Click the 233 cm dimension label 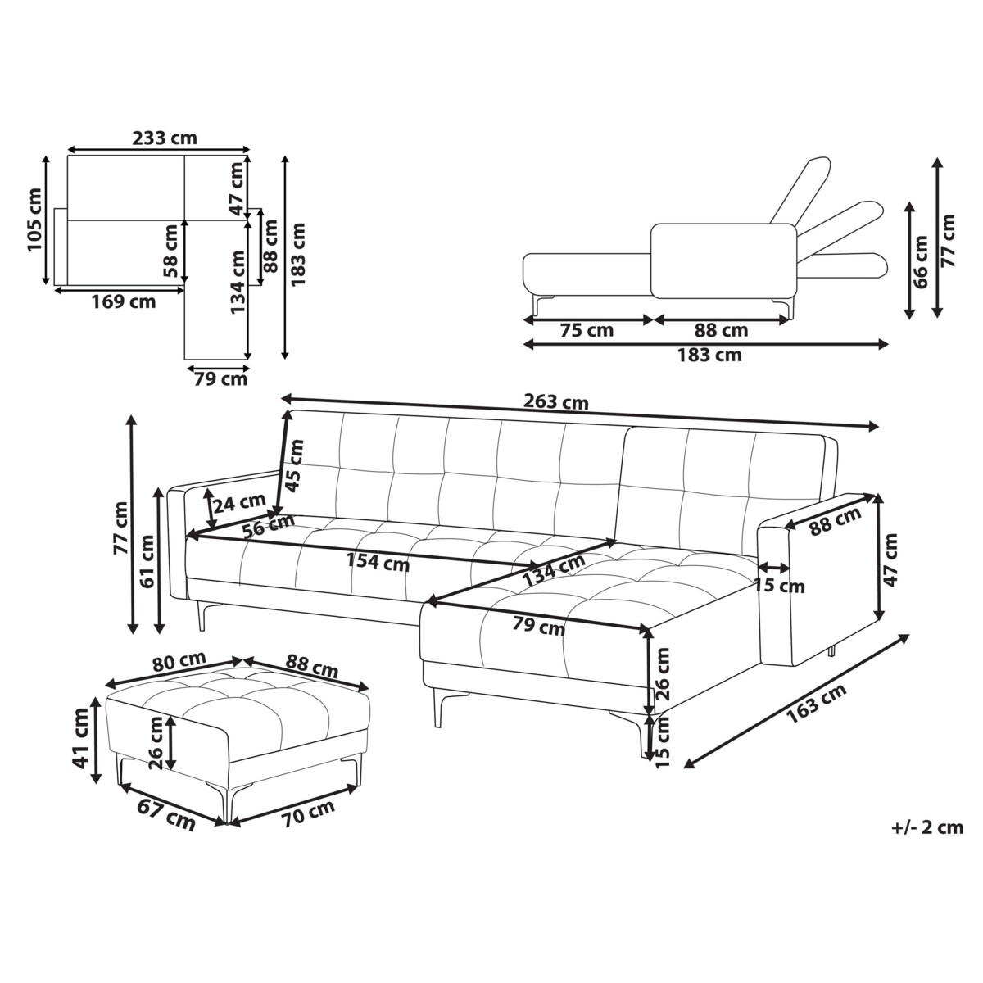pos(165,138)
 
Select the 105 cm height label pos(34,220)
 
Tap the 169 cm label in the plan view pos(124,301)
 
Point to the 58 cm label pos(171,251)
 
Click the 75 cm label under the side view pos(587,330)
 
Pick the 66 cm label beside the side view pos(922,261)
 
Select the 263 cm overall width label pos(556,402)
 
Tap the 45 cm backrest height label pos(294,465)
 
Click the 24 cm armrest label pos(238,504)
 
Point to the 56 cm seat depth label pos(269,527)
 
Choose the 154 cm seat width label pos(378,562)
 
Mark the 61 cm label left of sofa pos(147,561)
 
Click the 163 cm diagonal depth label pos(817,703)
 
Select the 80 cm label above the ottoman pos(179,662)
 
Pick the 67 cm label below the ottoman pos(165,814)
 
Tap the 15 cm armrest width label pos(780,586)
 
